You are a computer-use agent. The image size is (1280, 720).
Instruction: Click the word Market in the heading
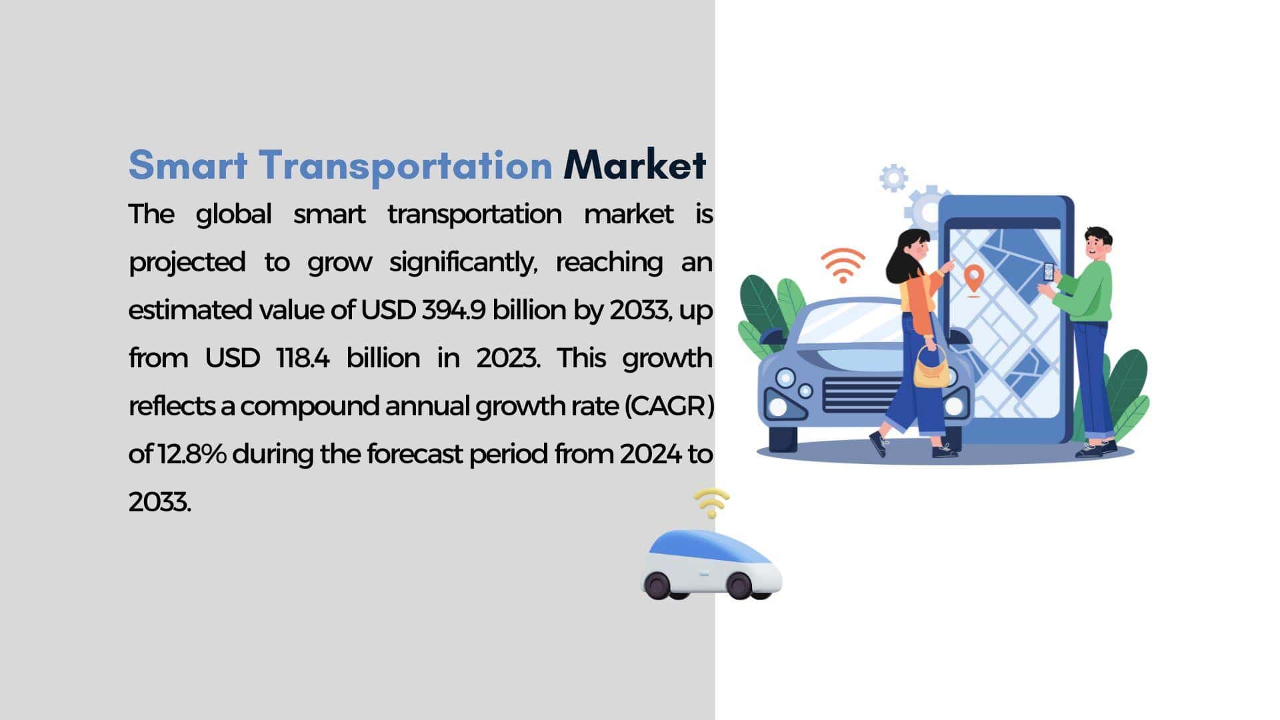(634, 165)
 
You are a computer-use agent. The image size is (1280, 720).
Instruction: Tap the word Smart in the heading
(188, 165)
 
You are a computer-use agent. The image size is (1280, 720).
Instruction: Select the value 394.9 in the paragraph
(454, 310)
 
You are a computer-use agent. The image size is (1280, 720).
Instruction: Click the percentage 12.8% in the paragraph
(193, 454)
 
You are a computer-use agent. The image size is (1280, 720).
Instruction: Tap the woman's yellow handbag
(931, 370)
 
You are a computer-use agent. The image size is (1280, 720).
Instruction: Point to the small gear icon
(893, 178)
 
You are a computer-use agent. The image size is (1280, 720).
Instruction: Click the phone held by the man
(1049, 272)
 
